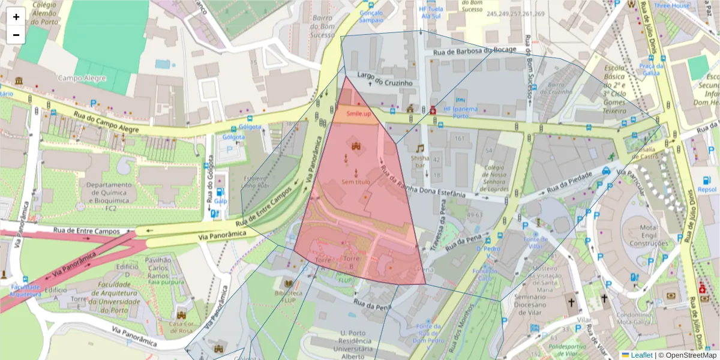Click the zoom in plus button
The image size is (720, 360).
coord(16,17)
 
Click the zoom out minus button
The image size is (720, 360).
coord(16,35)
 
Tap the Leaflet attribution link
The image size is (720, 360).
coord(641,355)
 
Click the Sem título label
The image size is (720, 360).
coord(356,181)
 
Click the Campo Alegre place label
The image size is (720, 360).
coord(82,78)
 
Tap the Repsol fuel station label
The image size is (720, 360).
coord(707,189)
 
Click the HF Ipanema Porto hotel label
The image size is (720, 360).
coord(460,112)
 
